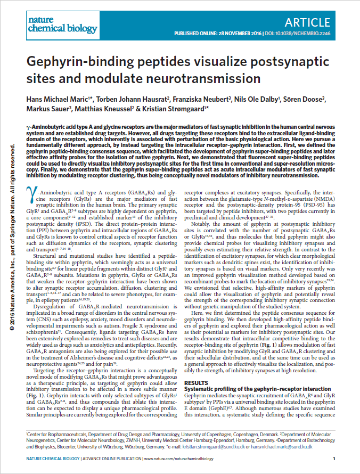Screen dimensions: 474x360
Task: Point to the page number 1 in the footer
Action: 333,459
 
